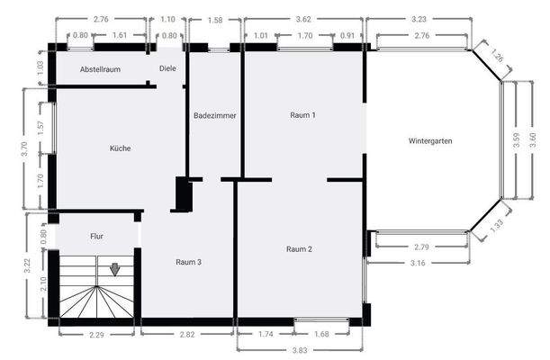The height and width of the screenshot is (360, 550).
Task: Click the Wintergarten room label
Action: pos(429,141)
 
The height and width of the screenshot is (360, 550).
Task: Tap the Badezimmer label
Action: pos(214,115)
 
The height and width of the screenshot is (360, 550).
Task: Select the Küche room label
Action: pos(121,148)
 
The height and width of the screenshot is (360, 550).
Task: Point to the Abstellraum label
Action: pos(100,69)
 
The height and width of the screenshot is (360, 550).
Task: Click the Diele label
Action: pos(168,68)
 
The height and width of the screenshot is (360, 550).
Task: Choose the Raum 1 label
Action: pos(303,115)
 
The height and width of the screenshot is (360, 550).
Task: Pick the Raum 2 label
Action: pos(299,248)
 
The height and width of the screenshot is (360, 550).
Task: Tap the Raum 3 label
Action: pos(188,261)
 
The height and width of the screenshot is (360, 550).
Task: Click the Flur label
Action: pos(97,238)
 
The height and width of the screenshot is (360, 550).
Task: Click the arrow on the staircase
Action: pos(115,268)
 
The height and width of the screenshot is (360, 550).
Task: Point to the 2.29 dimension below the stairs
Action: pos(98,335)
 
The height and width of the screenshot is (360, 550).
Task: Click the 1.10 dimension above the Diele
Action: pos(168,18)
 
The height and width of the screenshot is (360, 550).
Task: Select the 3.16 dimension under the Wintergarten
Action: pos(416,263)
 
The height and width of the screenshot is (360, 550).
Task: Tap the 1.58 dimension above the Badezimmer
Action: pos(215,20)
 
